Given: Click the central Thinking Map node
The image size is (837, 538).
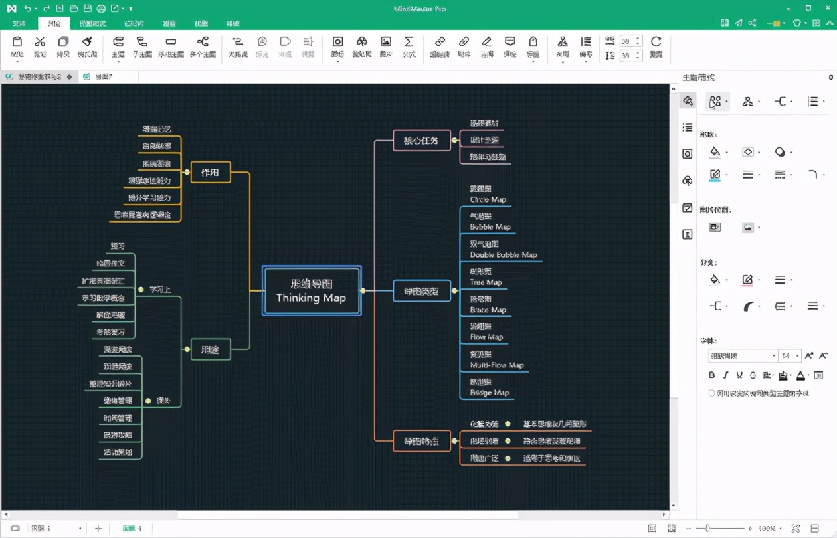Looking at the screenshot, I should [x=312, y=290].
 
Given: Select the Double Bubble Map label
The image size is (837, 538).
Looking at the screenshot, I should [x=503, y=254].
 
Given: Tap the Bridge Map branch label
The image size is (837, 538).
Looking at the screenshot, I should [x=489, y=393].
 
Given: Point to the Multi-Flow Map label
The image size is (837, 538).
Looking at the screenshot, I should [x=496, y=365].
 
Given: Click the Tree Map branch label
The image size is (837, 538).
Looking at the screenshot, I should [x=486, y=282].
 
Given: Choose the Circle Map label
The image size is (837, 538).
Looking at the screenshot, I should [x=488, y=199].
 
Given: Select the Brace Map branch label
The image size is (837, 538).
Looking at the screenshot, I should [x=488, y=310].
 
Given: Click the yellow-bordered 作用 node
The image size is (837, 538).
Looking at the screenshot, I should [x=210, y=172].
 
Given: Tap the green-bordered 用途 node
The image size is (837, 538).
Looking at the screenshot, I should [x=210, y=349].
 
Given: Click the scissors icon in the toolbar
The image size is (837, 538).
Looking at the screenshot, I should [x=40, y=42].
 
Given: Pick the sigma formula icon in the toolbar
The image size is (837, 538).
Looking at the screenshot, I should [x=409, y=42].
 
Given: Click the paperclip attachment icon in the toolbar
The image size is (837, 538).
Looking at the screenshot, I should [x=464, y=42].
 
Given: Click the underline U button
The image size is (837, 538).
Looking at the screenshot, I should [x=739, y=375].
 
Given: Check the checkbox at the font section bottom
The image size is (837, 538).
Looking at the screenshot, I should [x=711, y=393].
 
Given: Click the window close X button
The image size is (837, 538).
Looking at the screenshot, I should [x=826, y=8].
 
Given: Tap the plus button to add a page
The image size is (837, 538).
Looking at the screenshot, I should [x=98, y=529].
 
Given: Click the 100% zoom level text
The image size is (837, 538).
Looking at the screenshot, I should [x=767, y=529].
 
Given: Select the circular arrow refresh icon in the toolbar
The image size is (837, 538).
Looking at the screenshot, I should [x=656, y=42].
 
